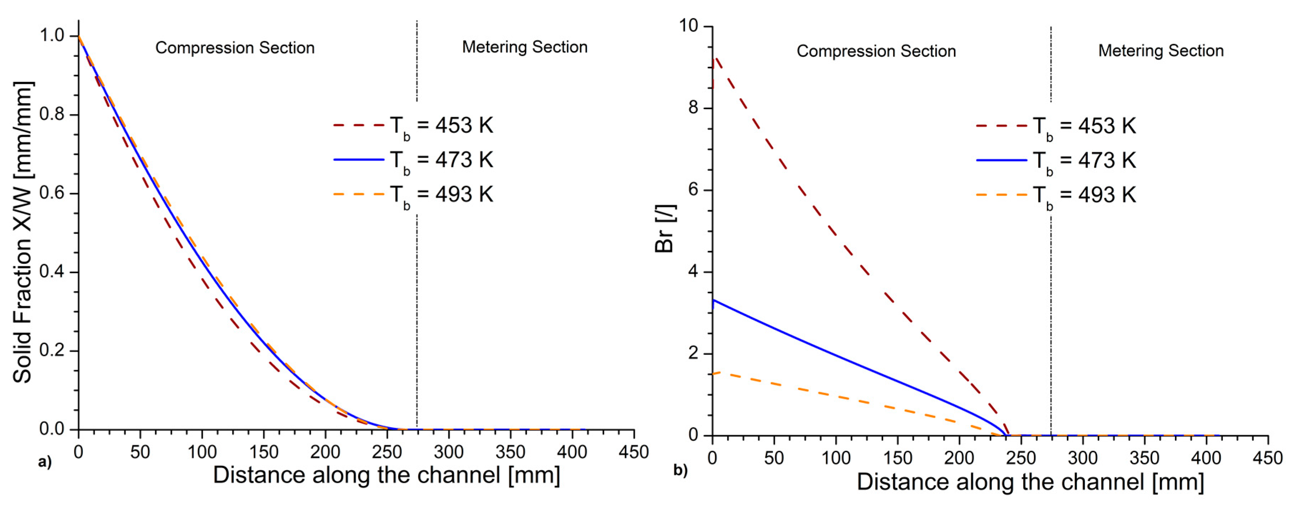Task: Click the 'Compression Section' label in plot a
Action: click(235, 48)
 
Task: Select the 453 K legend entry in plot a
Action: click(413, 125)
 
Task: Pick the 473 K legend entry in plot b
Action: click(1056, 161)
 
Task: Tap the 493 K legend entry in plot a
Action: click(413, 194)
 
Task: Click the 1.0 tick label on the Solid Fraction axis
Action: click(52, 35)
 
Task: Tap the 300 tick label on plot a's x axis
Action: click(448, 452)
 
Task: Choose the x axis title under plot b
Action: click(1030, 482)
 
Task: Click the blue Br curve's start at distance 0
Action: click(713, 300)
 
